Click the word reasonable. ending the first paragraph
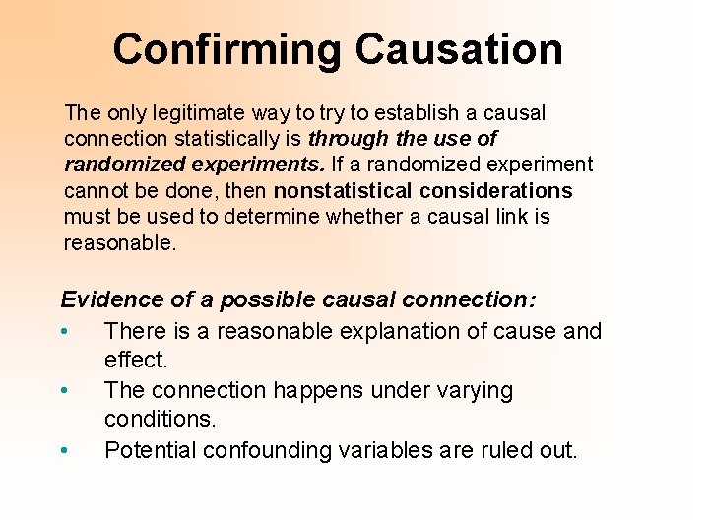point(120,241)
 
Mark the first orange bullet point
point(64,332)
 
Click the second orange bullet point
point(64,391)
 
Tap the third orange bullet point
point(64,451)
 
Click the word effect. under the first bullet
point(136,360)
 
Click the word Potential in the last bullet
point(148,450)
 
